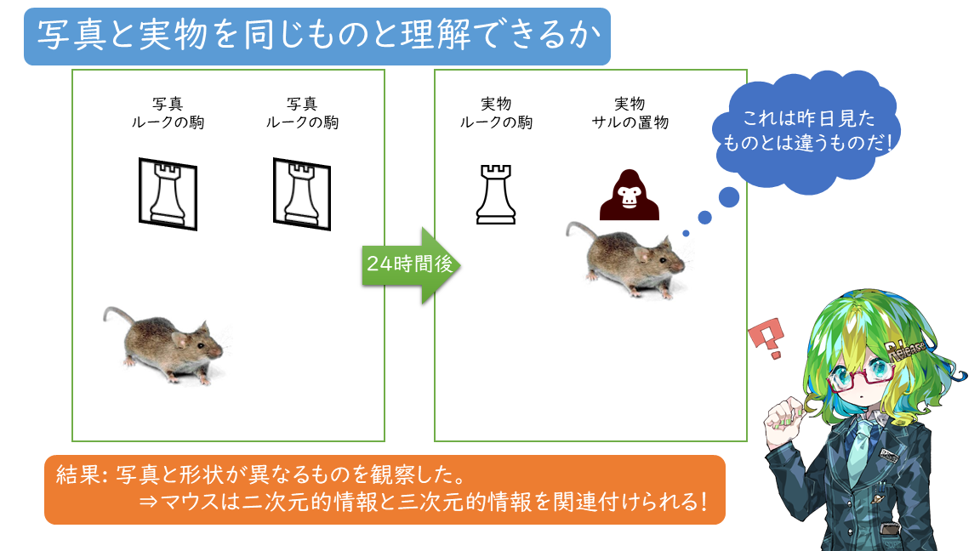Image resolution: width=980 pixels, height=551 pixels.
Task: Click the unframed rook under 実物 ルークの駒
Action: tap(496, 195)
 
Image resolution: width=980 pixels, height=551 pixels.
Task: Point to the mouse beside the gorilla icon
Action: tap(630, 259)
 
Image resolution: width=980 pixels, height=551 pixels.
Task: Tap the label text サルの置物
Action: tap(630, 122)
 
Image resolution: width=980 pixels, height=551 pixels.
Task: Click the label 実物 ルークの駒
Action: tap(496, 113)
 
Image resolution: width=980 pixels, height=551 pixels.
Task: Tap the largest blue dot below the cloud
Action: tap(729, 198)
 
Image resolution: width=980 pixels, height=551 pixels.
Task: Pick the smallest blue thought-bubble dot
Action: tap(686, 233)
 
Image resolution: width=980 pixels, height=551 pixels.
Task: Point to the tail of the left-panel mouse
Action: tap(111, 319)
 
